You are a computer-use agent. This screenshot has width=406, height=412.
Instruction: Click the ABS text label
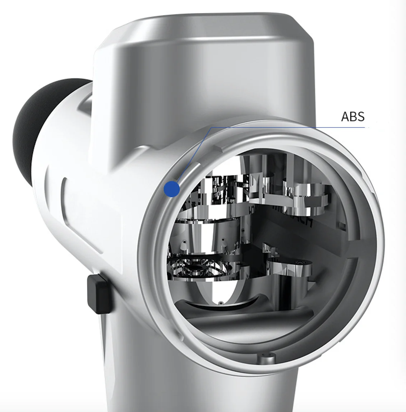pos(353,117)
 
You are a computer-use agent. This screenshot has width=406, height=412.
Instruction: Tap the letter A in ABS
pos(345,117)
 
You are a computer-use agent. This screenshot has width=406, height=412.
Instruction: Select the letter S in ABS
pos(361,117)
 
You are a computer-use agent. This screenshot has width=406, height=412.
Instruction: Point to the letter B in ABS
pos(353,117)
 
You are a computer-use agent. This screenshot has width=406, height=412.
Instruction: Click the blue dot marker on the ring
pos(171,189)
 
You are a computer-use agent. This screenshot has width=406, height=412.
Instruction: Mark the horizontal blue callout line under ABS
pos(287,127)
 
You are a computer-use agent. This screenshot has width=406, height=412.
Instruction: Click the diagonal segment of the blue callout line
pos(194,154)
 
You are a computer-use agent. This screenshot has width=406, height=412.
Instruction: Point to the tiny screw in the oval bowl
pos(220,303)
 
